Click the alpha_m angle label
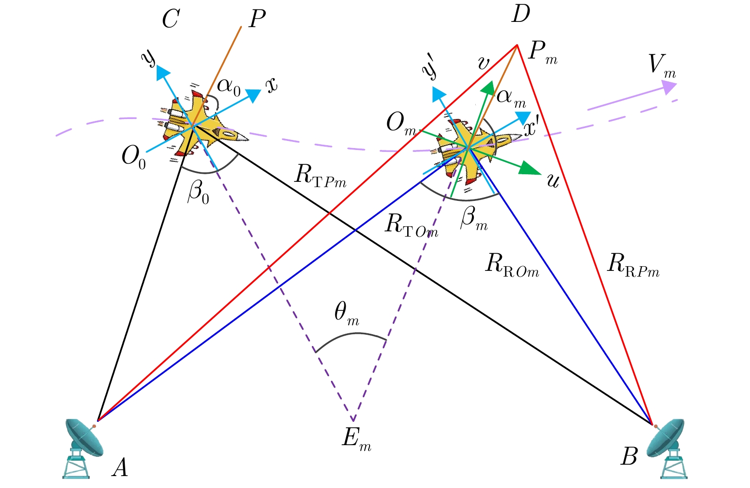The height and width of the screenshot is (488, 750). pyautogui.click(x=510, y=98)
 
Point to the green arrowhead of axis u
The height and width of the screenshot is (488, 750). pyautogui.click(x=530, y=169)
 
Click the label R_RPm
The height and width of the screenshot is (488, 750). pyautogui.click(x=633, y=265)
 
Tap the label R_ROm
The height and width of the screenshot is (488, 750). pyautogui.click(x=511, y=265)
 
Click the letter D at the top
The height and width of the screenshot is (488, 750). pyautogui.click(x=521, y=14)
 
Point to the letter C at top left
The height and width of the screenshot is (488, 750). pyautogui.click(x=170, y=20)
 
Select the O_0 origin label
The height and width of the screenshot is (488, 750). pyautogui.click(x=134, y=157)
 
